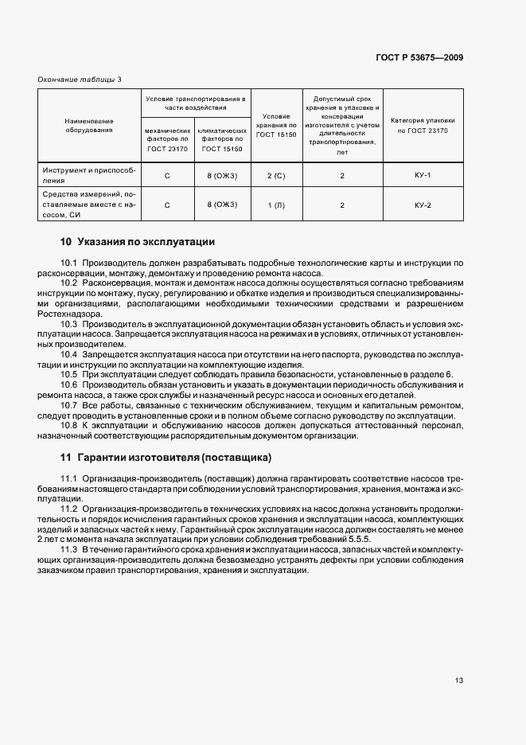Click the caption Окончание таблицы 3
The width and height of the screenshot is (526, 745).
coord(80,80)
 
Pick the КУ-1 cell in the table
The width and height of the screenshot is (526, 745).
coord(423,175)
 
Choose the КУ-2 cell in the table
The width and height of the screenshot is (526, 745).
coord(423,205)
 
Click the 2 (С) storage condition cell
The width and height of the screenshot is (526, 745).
coord(276,175)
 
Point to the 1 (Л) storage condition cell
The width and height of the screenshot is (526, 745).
coord(276,205)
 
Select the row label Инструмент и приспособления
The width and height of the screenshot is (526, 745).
coord(89,175)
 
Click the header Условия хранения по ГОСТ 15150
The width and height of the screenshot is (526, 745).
coord(276,125)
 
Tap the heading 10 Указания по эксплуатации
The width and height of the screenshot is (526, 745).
coord(138,241)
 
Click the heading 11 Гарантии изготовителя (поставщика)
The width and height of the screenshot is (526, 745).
coord(166,458)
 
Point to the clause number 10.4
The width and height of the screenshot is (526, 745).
coord(69,353)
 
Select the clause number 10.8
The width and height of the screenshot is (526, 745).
coord(69,426)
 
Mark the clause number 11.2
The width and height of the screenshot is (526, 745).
coord(69,508)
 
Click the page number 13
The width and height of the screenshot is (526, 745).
coord(459,681)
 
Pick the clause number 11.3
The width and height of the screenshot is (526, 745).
coord(69,549)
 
